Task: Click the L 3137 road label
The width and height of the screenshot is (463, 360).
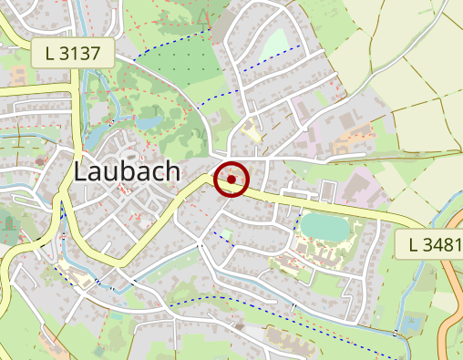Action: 78,52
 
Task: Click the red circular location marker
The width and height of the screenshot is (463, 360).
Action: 232,180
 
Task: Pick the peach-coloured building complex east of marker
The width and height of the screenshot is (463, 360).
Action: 351,141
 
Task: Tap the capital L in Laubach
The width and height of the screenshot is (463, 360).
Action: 80,171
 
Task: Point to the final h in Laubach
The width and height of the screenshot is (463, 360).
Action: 171,171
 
